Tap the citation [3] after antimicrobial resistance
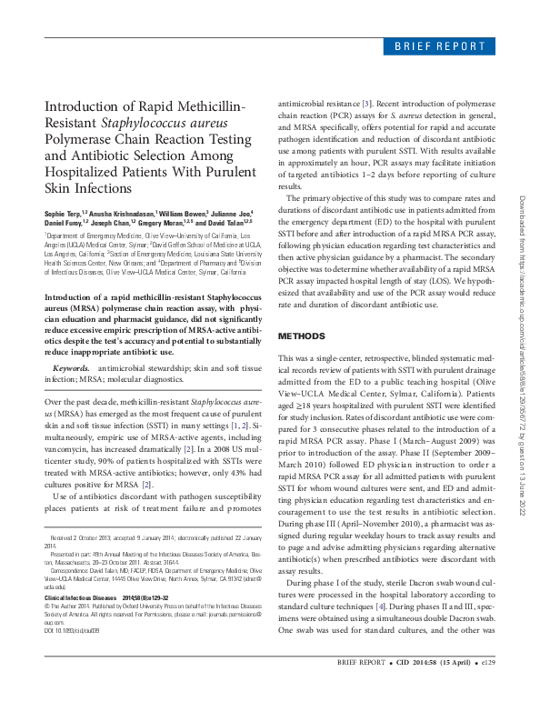click(366, 105)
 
